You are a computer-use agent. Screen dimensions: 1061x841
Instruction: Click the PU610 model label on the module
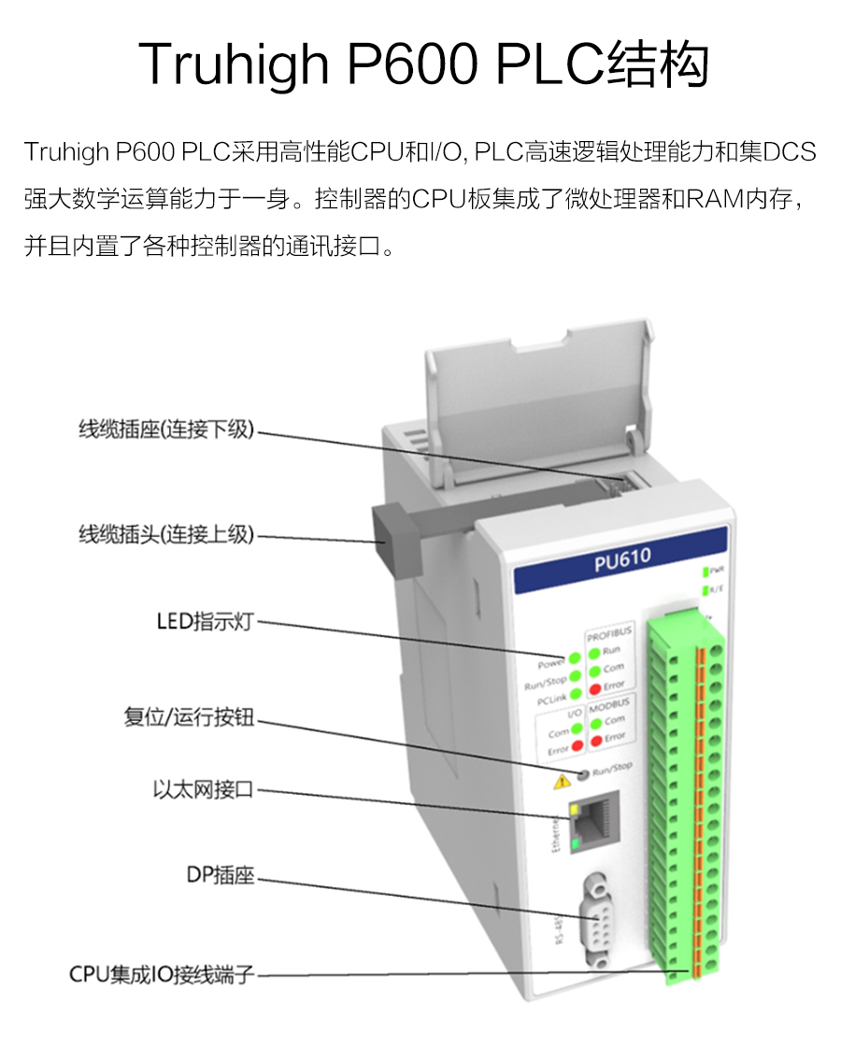point(621,558)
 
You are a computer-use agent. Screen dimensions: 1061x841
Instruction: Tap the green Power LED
point(576,659)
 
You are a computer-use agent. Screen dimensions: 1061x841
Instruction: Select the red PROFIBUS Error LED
point(593,686)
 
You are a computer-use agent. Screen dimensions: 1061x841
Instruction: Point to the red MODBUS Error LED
point(595,738)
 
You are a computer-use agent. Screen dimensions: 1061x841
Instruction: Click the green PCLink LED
point(576,694)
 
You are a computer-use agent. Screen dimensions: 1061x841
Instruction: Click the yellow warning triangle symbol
point(562,780)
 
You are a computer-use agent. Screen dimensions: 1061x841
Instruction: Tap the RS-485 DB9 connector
point(595,919)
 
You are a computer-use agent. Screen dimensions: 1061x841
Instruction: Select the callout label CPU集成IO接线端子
point(162,975)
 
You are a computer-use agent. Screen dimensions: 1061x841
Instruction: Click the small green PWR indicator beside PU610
point(706,570)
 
